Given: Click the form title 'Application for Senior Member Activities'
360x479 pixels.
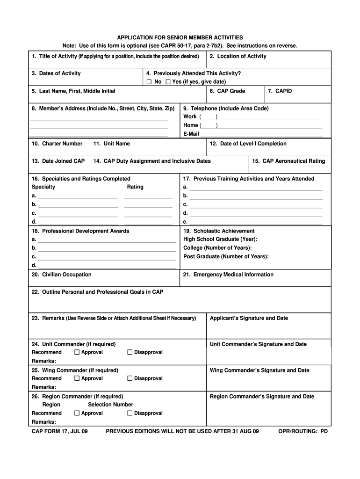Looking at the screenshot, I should [x=180, y=37].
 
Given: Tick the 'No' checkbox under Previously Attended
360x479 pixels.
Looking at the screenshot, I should [x=149, y=82].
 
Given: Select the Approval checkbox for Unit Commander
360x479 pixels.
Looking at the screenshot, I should [x=77, y=352].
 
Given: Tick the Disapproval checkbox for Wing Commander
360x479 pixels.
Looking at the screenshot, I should [x=130, y=378].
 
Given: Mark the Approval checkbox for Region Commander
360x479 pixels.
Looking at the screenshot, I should [x=77, y=414].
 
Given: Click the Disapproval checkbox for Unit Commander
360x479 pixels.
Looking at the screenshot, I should [x=130, y=352].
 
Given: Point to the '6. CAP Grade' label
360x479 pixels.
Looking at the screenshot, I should [x=227, y=91].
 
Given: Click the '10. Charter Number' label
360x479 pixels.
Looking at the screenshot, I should [x=57, y=144].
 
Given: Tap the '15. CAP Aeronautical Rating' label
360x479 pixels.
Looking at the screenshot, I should [x=288, y=161].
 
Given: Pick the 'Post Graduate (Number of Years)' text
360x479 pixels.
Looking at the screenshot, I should [x=226, y=256].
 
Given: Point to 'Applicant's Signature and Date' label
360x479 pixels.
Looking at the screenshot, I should [x=249, y=318].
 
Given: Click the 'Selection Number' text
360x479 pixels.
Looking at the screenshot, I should [x=110, y=405].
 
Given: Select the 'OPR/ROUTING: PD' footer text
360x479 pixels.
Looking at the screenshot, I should [x=302, y=431].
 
